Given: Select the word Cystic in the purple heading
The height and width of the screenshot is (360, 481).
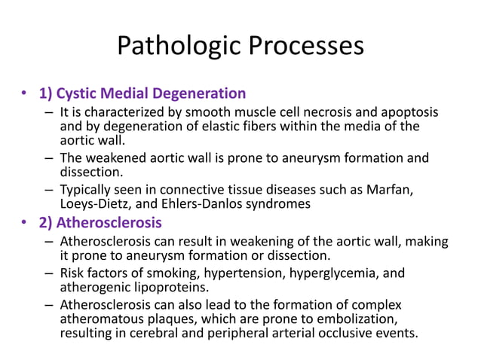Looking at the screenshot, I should pos(80,94).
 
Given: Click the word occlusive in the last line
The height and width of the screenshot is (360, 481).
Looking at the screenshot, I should pos(344,334).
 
